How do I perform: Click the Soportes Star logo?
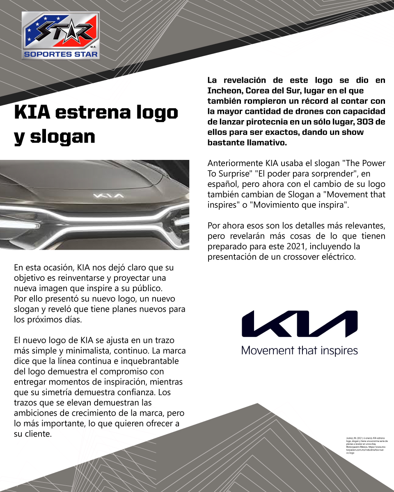(61, 35)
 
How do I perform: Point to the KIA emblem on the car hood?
(108, 196)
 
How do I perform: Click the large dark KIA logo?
(300, 324)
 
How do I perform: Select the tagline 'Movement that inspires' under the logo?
(300, 351)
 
